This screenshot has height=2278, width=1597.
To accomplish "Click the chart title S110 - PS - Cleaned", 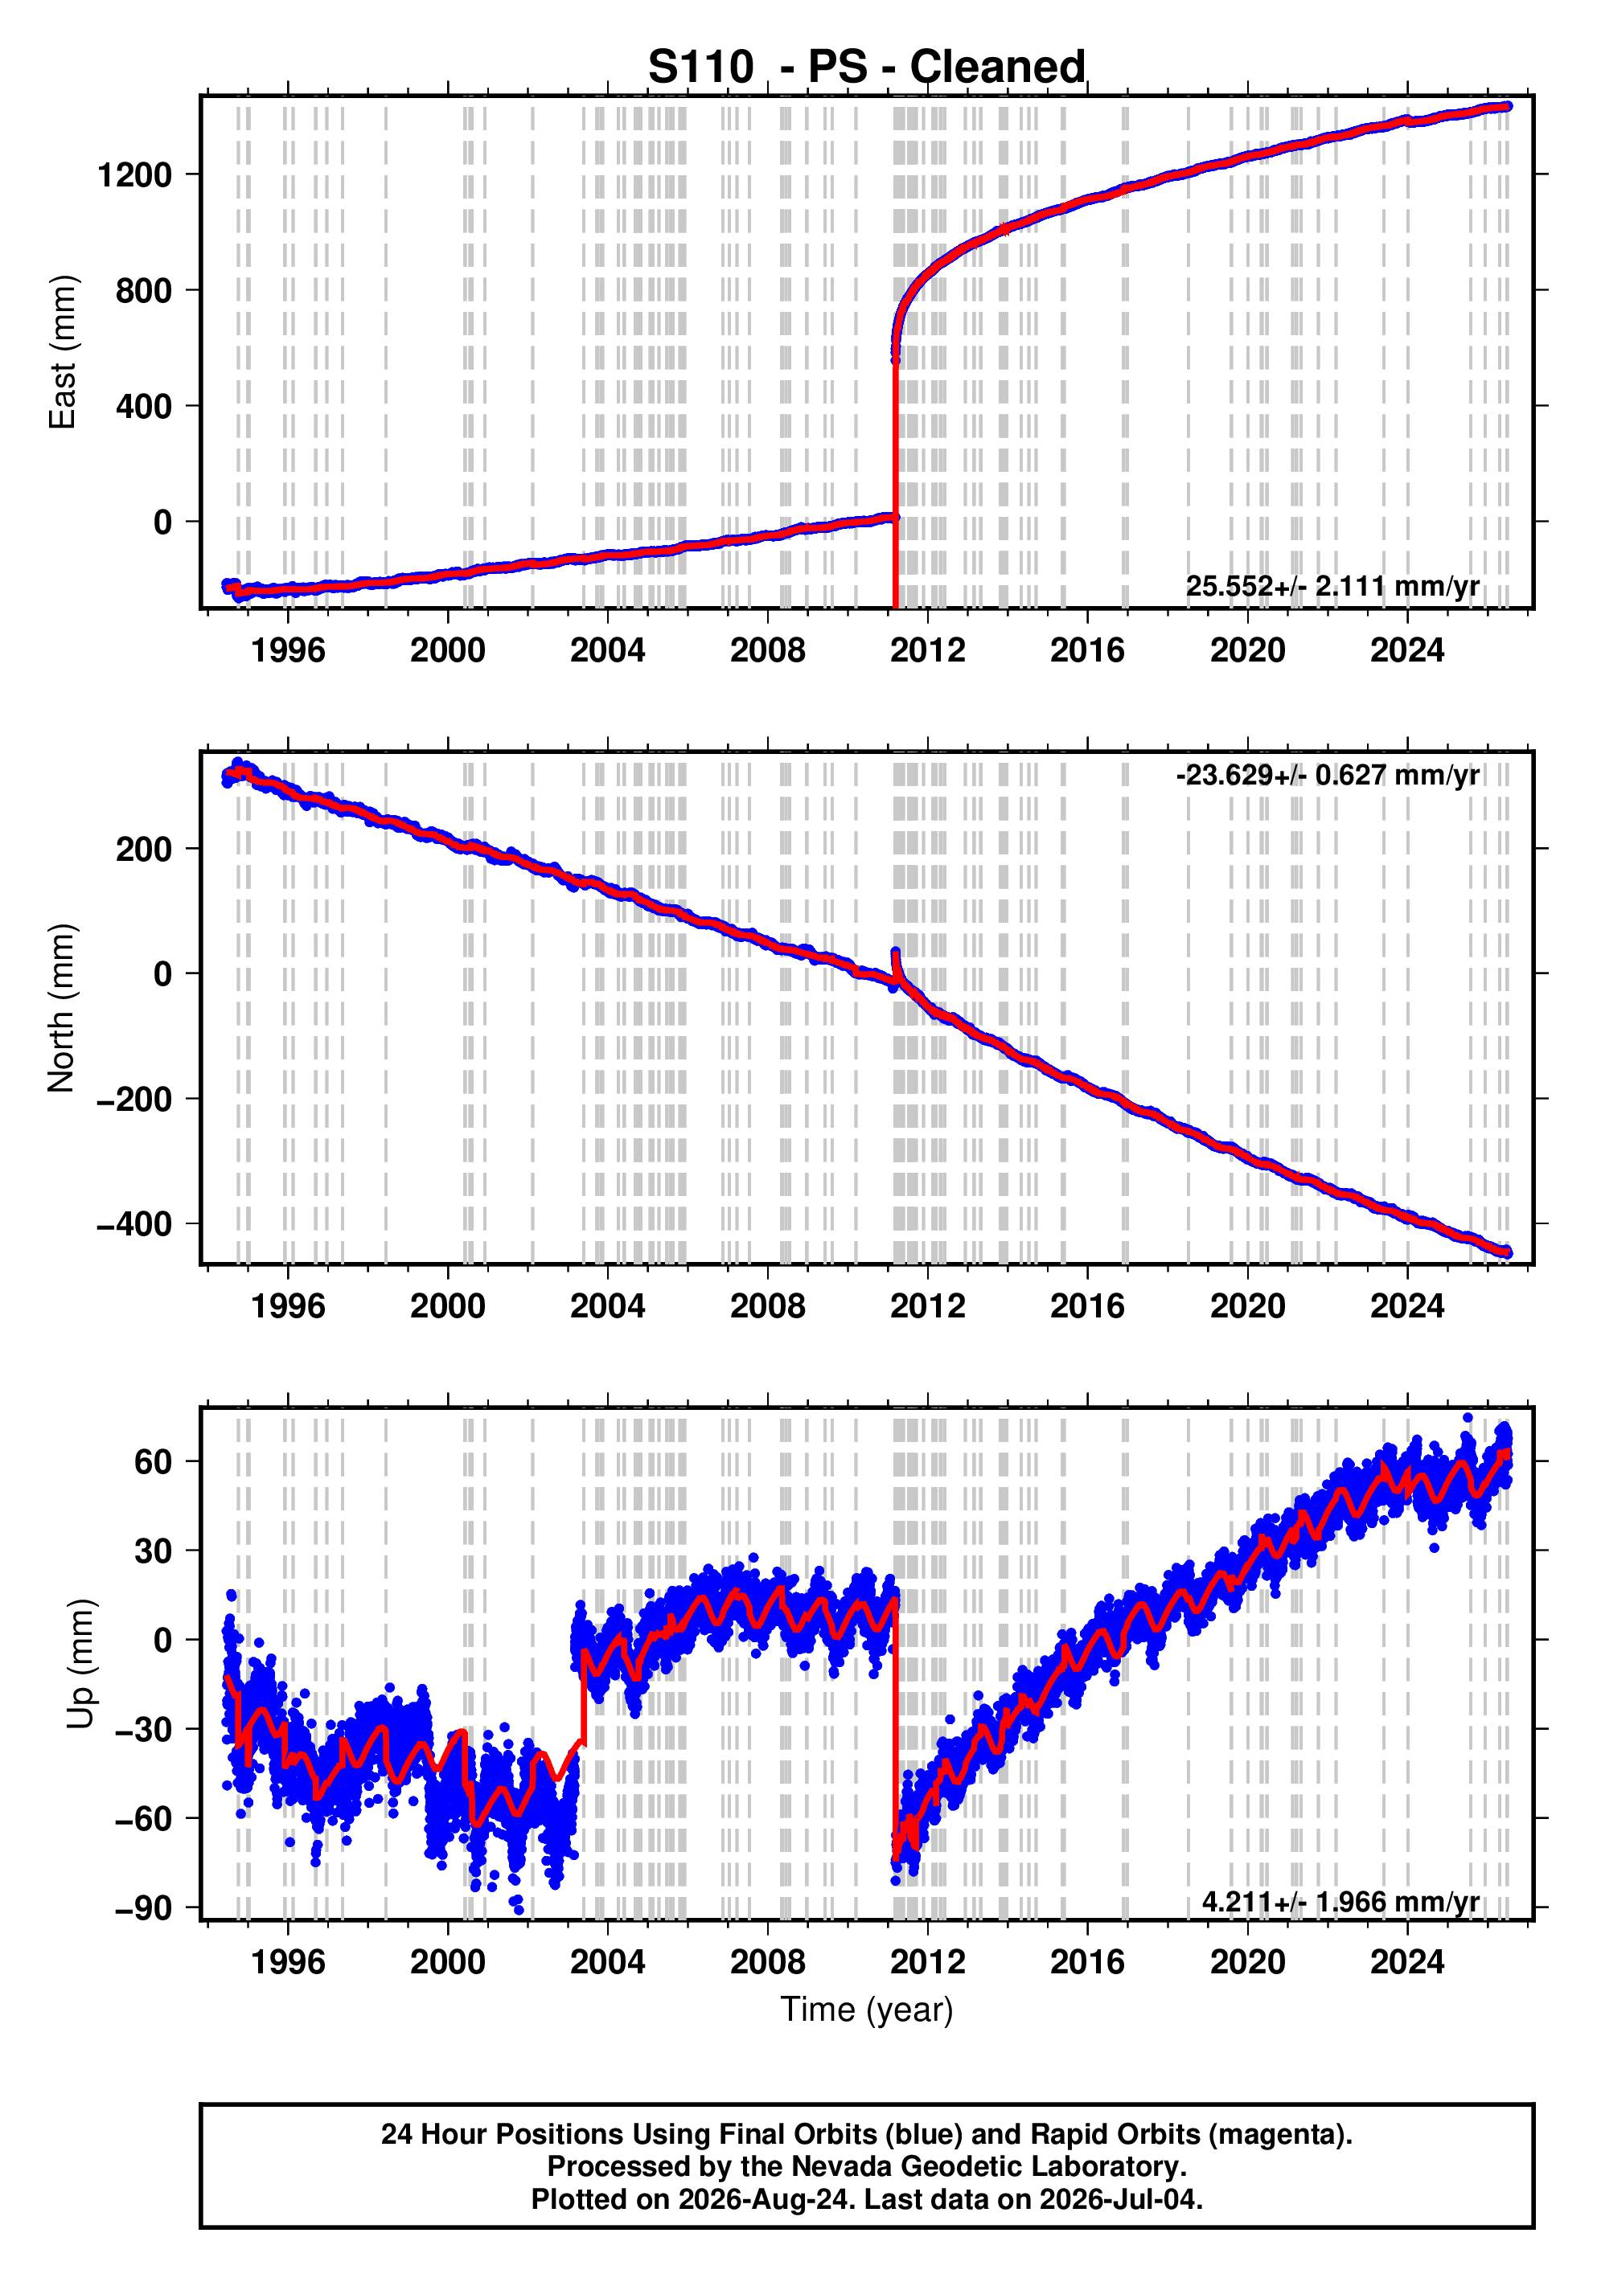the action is pyautogui.click(x=867, y=67).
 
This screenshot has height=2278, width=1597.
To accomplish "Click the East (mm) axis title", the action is pyautogui.click(x=62, y=352).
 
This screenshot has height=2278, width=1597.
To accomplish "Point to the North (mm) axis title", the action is pyautogui.click(x=62, y=1008).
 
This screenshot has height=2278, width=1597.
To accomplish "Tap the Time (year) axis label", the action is pyautogui.click(x=867, y=2009).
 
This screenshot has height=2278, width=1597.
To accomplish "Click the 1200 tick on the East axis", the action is pyautogui.click(x=135, y=175).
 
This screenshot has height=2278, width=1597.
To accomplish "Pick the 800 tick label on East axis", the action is pyautogui.click(x=144, y=291).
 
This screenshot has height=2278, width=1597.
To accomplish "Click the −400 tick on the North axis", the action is pyautogui.click(x=134, y=1224).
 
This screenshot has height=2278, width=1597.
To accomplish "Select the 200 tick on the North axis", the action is pyautogui.click(x=144, y=850).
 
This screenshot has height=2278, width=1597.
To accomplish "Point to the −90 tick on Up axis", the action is pyautogui.click(x=144, y=1908).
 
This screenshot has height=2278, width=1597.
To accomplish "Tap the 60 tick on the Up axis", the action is pyautogui.click(x=154, y=1461).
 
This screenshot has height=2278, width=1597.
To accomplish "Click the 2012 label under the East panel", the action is pyautogui.click(x=927, y=651).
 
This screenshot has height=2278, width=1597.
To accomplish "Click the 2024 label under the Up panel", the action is pyautogui.click(x=1407, y=1962).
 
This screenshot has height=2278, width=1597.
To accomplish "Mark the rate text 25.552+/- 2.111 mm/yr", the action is pyautogui.click(x=1332, y=586).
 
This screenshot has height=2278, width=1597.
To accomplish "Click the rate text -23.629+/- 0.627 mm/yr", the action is pyautogui.click(x=1327, y=774).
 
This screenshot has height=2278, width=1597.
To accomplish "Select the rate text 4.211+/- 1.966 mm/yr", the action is pyautogui.click(x=1340, y=1902).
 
